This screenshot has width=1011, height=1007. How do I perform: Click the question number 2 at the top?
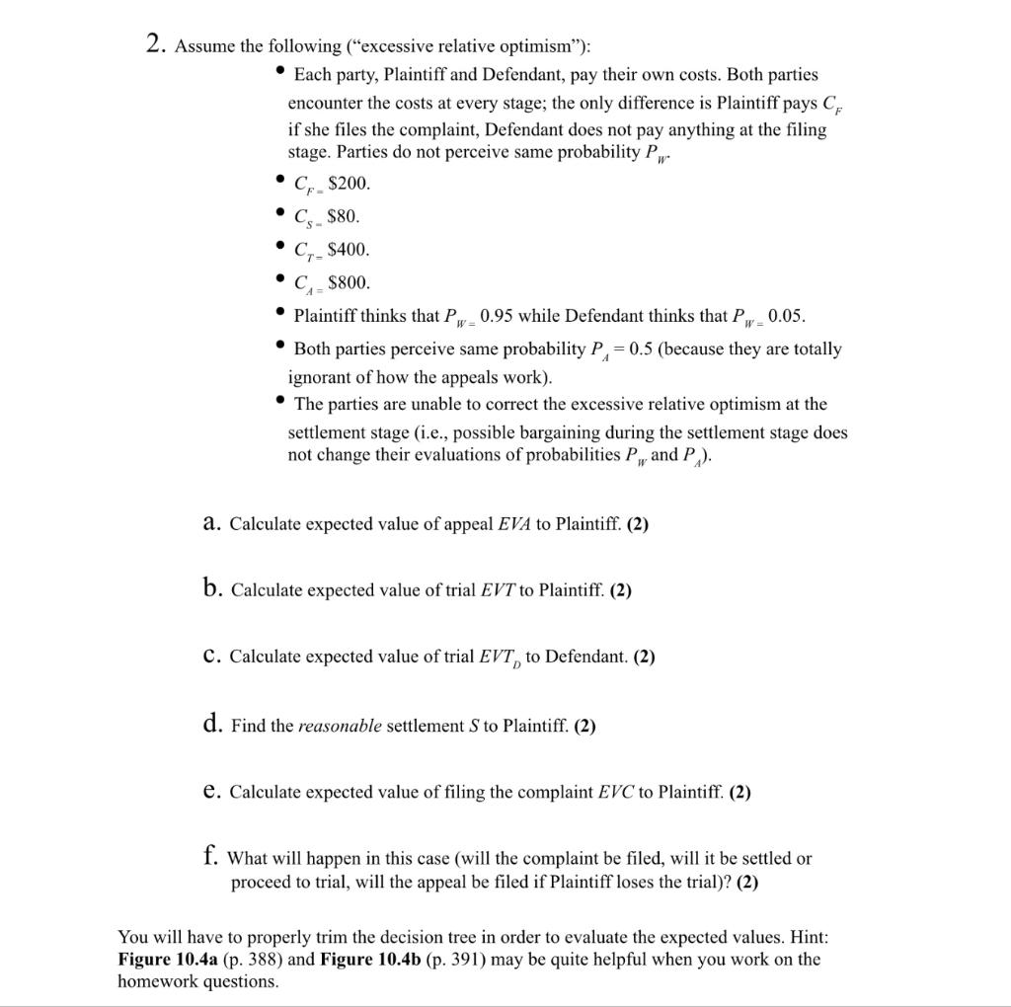154,45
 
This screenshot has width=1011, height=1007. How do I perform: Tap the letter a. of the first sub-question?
210,523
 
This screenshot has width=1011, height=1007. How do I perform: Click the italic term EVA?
513,524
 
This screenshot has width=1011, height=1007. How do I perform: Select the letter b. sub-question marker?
211,589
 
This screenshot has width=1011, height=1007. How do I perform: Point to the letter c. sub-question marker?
210,657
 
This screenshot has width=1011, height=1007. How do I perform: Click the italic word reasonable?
340,726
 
